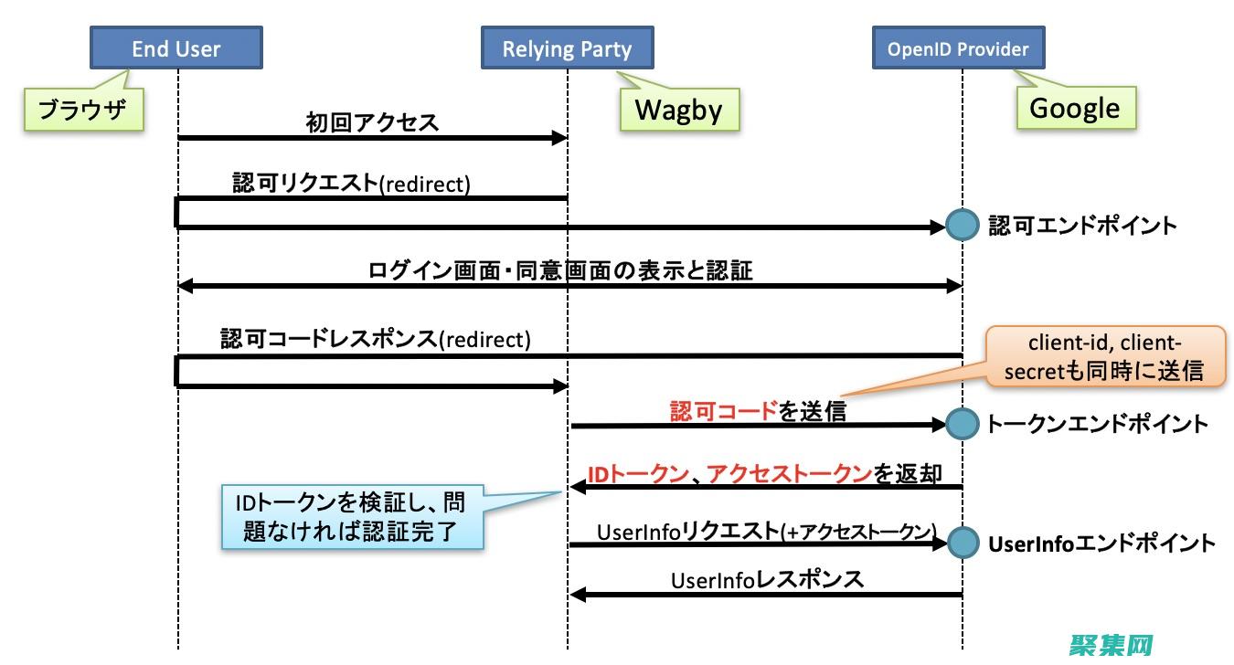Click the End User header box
tap(176, 48)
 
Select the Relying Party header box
tap(567, 48)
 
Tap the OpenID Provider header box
tap(958, 48)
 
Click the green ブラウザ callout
tap(84, 110)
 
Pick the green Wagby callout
tap(678, 111)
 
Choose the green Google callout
tap(1075, 109)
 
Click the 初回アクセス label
tap(372, 122)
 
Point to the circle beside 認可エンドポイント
tap(961, 226)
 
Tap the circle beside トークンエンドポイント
tap(961, 424)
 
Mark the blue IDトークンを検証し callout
tap(352, 517)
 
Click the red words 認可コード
tap(723, 411)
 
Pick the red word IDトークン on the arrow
tap(637, 473)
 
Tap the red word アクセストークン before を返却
tap(789, 473)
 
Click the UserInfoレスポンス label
tap(767, 580)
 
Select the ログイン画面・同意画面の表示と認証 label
tap(560, 270)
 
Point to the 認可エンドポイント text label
tap(1082, 226)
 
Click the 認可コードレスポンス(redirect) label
tap(375, 339)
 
